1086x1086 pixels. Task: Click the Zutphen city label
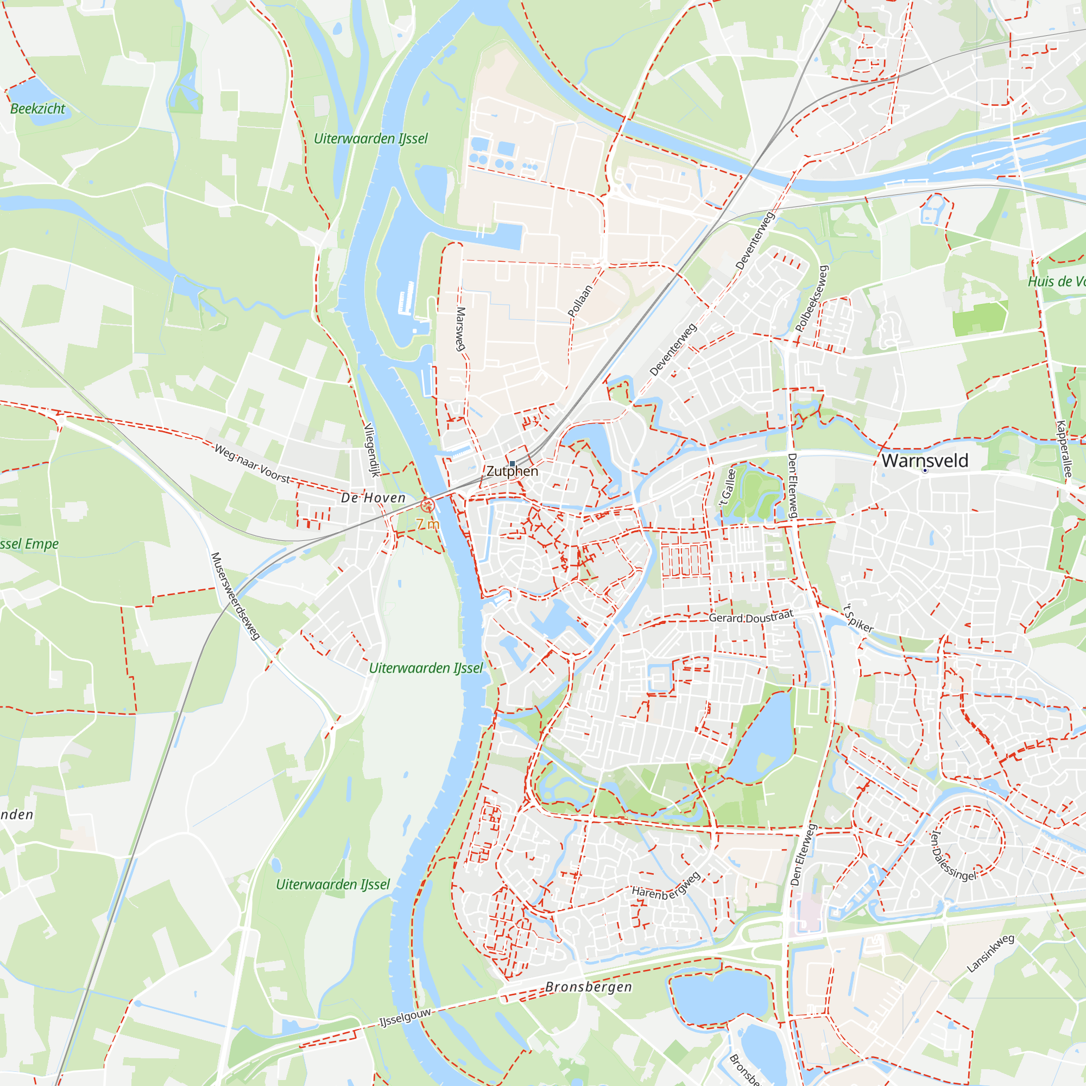pos(512,471)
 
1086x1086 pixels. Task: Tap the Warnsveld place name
pos(925,460)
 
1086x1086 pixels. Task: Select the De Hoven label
pos(373,497)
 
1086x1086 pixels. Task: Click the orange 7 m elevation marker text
pos(427,524)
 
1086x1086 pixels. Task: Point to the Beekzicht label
pos(37,109)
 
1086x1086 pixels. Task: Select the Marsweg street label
pos(461,329)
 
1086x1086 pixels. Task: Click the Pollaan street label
pos(580,301)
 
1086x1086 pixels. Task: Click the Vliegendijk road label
pos(371,450)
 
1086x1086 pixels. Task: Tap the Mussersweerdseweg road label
pos(235,596)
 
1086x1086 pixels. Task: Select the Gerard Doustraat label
pos(751,617)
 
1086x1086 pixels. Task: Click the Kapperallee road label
pos(1064,449)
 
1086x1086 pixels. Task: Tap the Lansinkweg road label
pos(990,954)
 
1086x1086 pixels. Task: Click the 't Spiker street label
pos(858,618)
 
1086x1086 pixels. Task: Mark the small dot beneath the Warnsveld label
pos(925,470)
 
